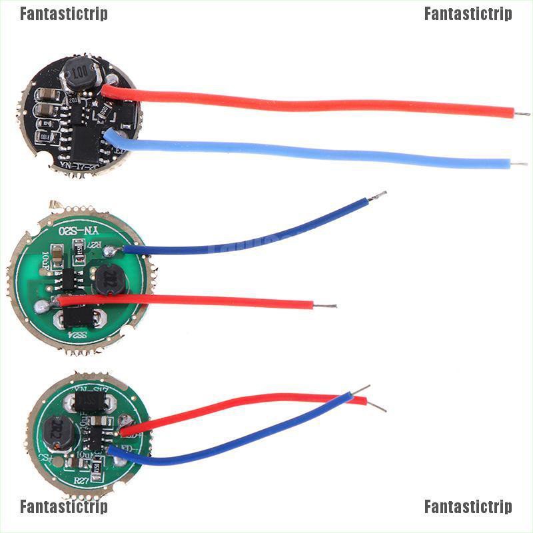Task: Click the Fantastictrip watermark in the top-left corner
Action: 63,14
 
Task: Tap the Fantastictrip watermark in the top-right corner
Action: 468,14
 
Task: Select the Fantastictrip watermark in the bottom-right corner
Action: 468,507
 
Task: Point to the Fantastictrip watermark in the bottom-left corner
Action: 63,507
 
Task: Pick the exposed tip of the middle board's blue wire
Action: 377,196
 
